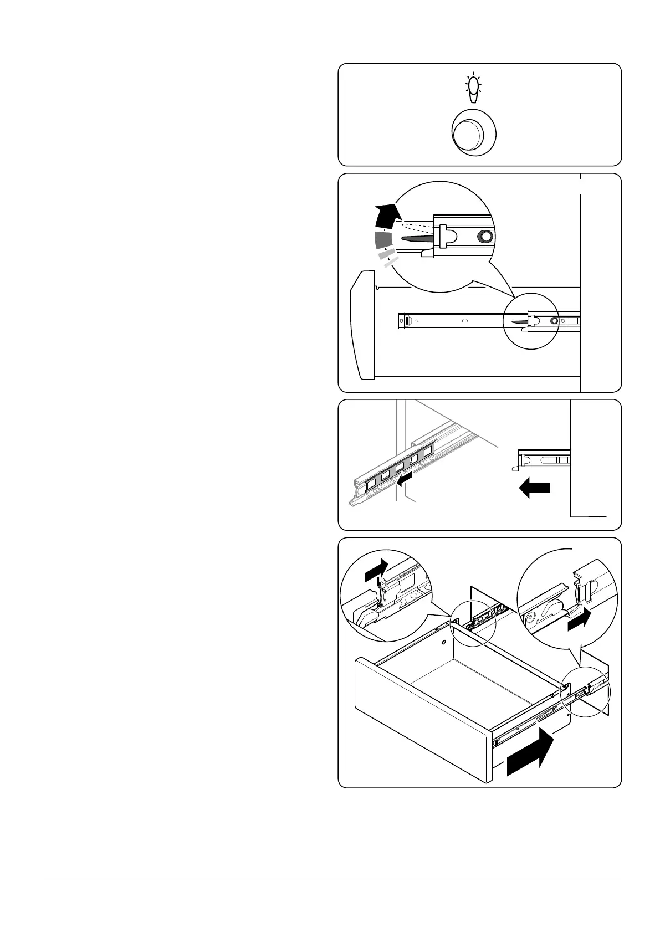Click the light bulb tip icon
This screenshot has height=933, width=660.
[x=473, y=89]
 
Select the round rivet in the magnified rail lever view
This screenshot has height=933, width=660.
[x=485, y=237]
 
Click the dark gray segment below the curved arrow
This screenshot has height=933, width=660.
[x=382, y=239]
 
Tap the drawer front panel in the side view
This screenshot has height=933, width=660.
[x=362, y=324]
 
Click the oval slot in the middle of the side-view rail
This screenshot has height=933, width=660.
[x=464, y=320]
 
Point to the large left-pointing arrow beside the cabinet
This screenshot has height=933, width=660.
[x=534, y=488]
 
